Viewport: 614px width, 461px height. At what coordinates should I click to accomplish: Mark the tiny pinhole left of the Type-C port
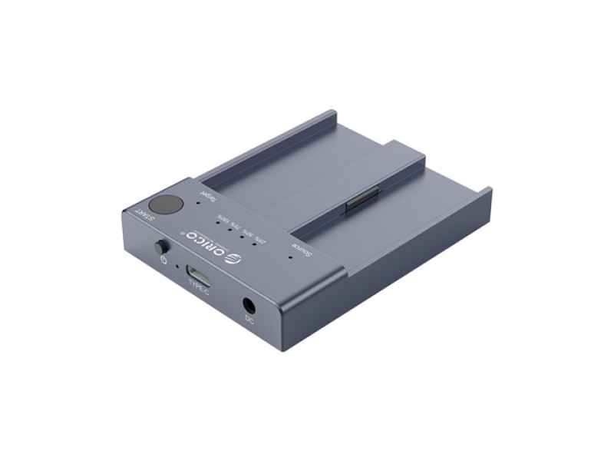[178, 267]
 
